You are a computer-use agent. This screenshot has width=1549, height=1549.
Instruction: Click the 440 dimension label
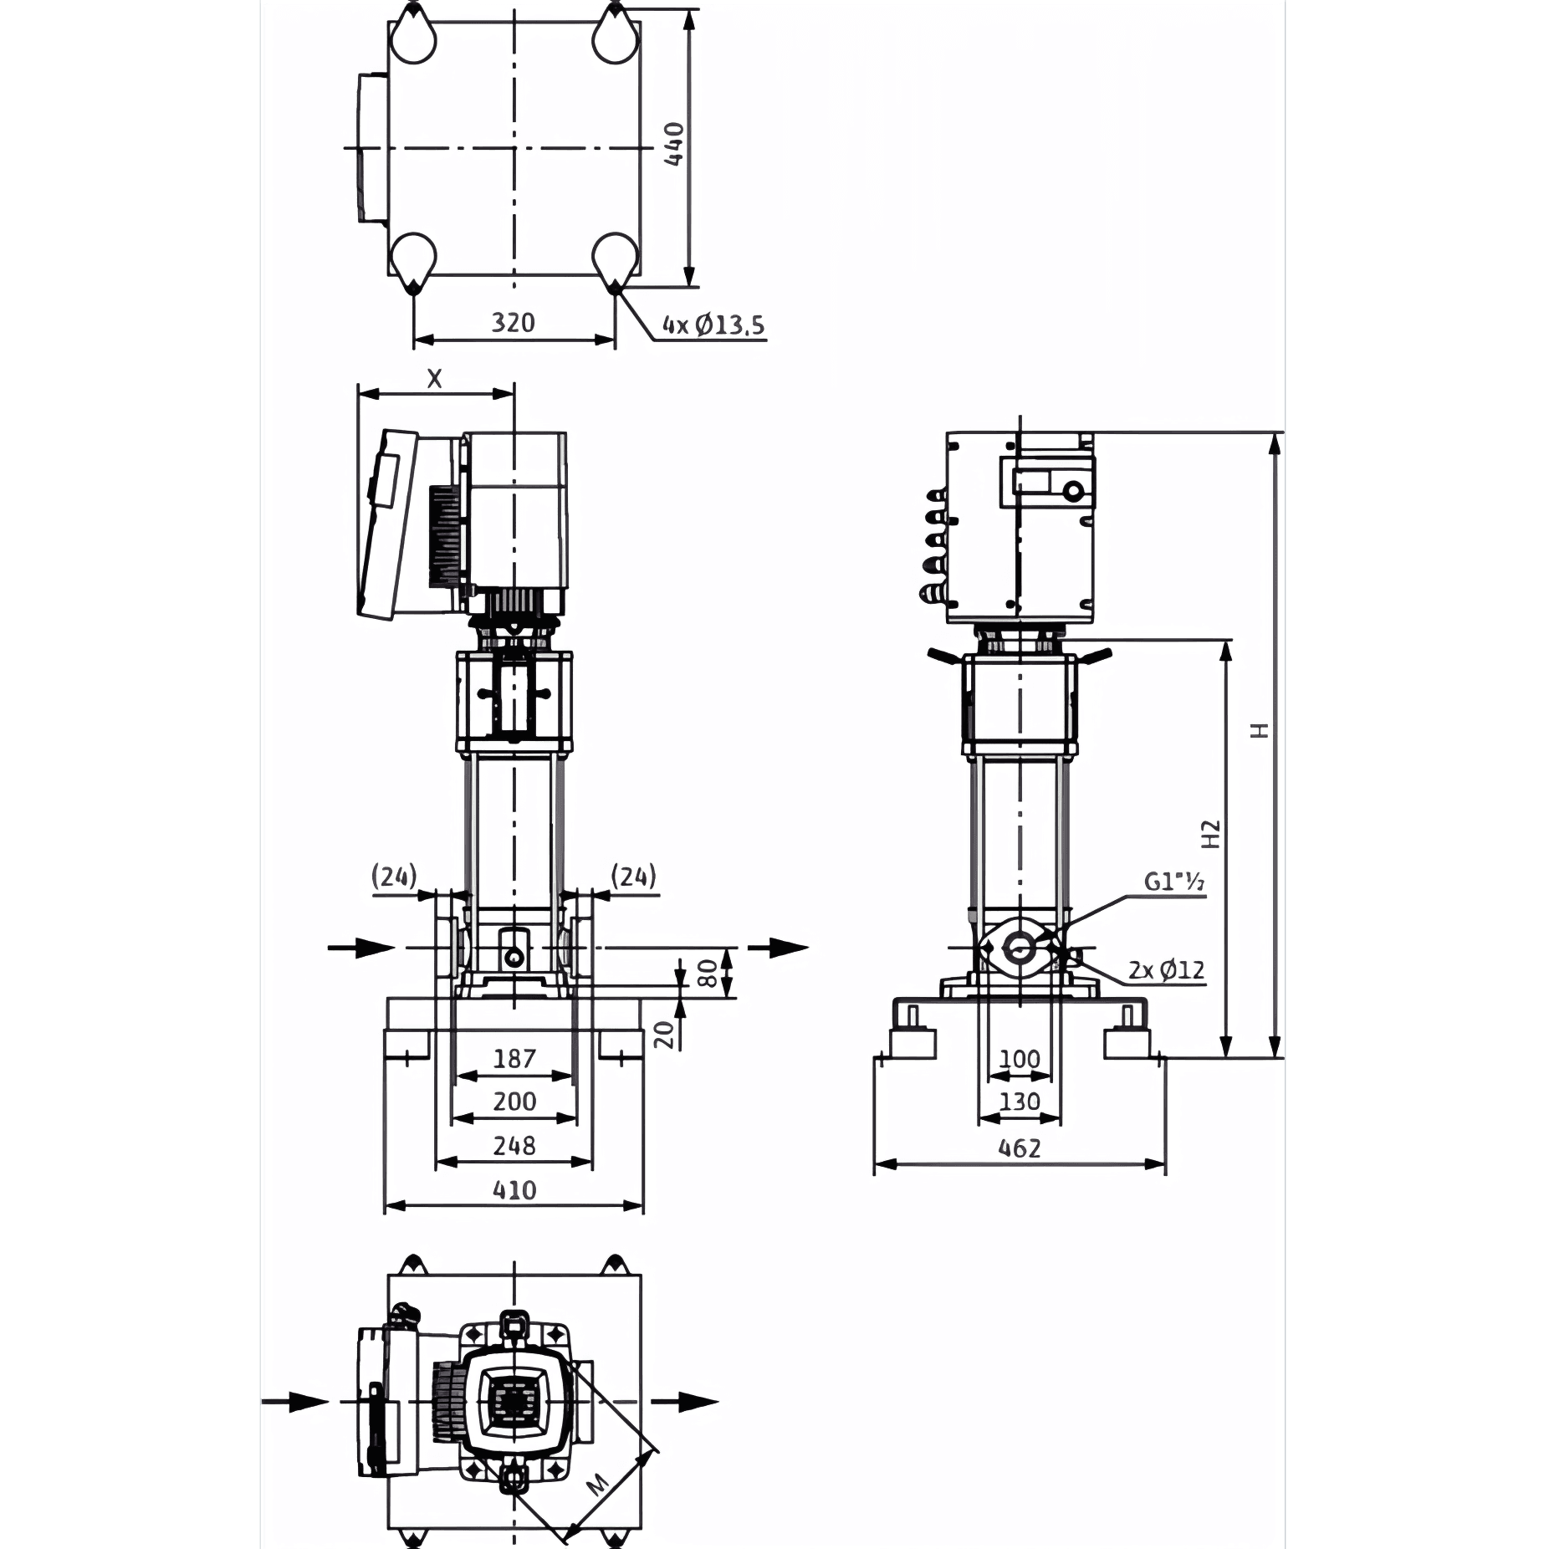click(x=674, y=144)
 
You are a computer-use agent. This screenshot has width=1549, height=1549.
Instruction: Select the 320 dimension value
click(x=513, y=322)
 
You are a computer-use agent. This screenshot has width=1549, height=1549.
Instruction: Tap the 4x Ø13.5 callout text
click(x=713, y=325)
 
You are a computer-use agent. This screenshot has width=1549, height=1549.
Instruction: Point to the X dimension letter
click(x=434, y=379)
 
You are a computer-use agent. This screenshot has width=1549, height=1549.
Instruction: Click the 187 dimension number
click(x=514, y=1059)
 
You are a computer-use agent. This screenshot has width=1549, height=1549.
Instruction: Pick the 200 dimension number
click(x=514, y=1102)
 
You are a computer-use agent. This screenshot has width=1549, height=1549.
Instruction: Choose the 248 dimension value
click(x=514, y=1146)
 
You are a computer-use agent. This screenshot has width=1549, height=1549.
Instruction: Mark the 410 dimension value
click(x=514, y=1190)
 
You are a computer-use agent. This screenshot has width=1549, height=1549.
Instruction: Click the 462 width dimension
click(x=1020, y=1148)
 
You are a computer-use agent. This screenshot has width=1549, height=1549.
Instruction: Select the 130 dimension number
click(x=1020, y=1102)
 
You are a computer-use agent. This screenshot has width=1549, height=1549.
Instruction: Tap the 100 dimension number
click(x=1020, y=1059)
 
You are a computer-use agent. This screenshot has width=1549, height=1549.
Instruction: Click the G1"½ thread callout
click(x=1174, y=882)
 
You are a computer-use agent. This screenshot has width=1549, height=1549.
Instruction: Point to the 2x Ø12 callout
click(x=1167, y=970)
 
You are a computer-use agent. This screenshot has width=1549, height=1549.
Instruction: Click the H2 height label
click(x=1210, y=834)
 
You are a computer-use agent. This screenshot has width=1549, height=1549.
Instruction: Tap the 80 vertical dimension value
click(x=707, y=974)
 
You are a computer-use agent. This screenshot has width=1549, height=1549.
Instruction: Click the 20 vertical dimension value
click(x=664, y=1035)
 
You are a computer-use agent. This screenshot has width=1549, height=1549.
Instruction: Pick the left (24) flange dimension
click(x=394, y=877)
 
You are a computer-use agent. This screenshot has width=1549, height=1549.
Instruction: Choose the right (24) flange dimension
click(x=633, y=877)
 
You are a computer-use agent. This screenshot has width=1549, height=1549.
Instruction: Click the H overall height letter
click(x=1260, y=730)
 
